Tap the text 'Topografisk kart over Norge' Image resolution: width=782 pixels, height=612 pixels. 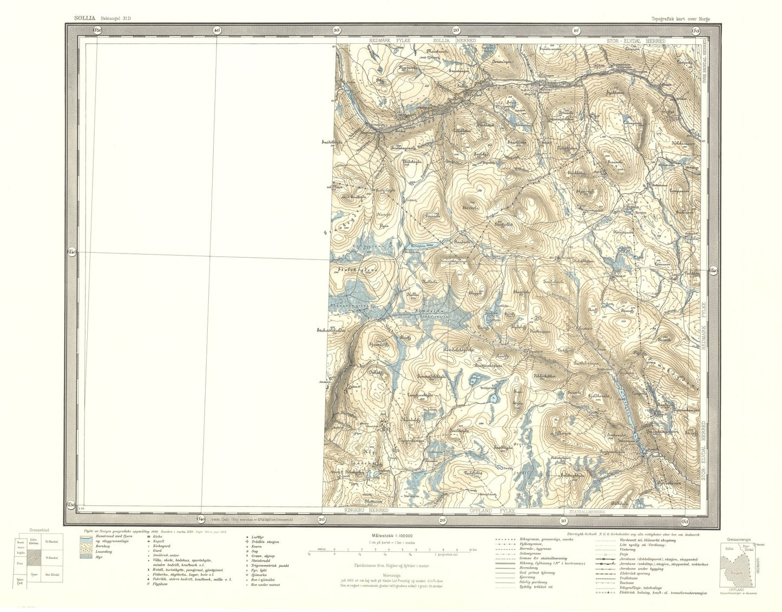point(680,19)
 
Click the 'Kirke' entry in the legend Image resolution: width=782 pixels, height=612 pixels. point(158,536)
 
